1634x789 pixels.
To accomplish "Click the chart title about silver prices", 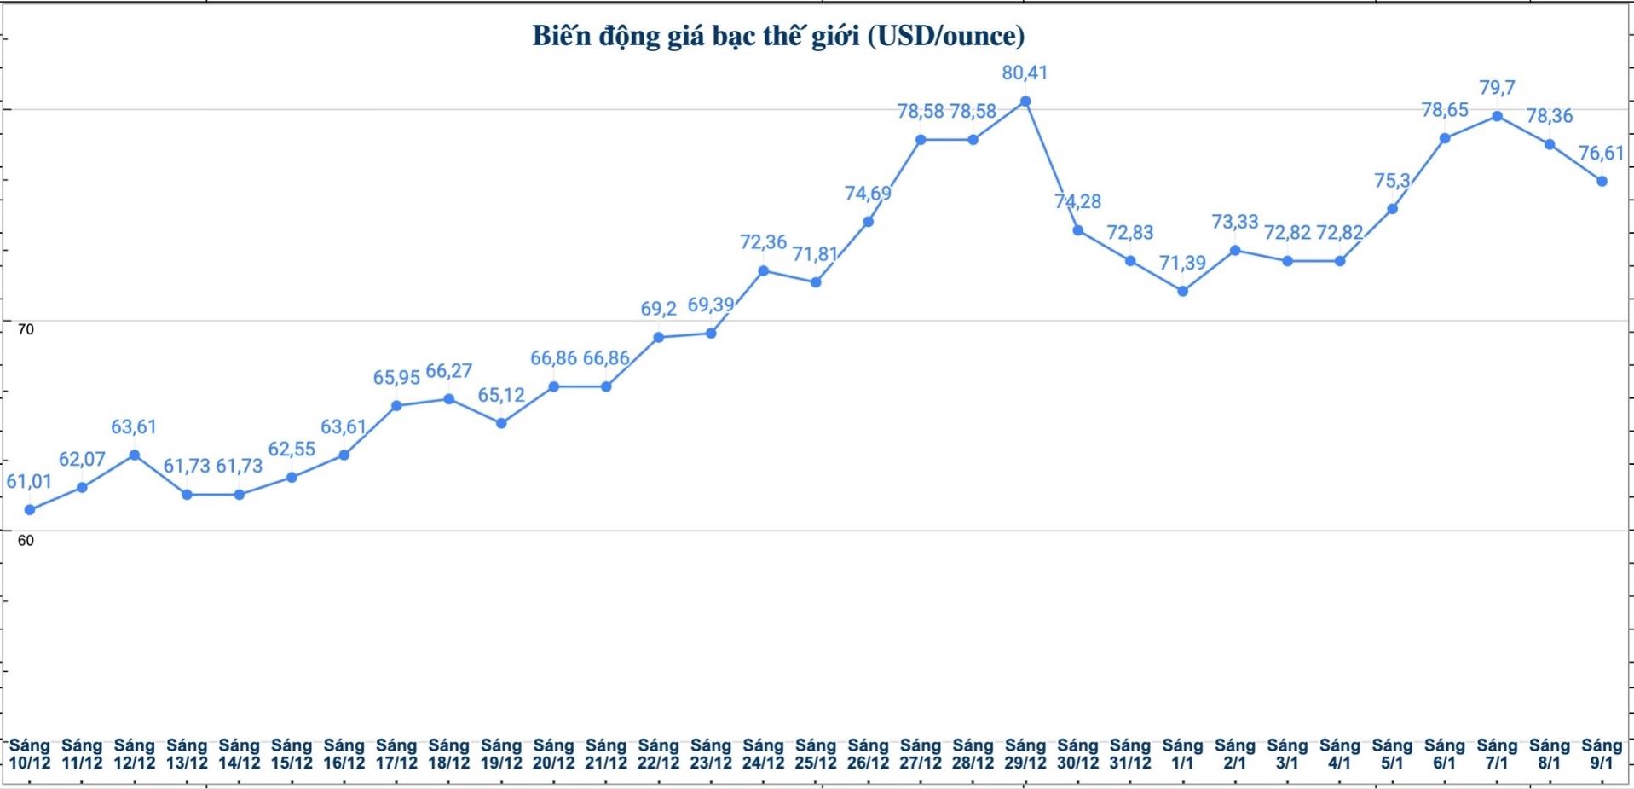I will point(778,36).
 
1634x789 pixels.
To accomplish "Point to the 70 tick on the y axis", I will point(26,329).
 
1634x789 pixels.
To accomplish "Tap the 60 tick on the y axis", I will point(26,541).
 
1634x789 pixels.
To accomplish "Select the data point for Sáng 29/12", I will point(1025,102).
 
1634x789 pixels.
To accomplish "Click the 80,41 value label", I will point(1025,73).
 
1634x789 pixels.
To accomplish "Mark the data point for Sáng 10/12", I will point(30,510).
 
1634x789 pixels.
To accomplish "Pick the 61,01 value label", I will point(29,482).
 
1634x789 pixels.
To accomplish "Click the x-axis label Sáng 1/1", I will point(1182,754).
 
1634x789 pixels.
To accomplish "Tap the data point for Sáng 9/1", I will point(1602,182).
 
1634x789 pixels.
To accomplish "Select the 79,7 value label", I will point(1497,88).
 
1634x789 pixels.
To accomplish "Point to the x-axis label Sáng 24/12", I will point(763,754).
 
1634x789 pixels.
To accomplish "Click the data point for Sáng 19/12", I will point(501,423).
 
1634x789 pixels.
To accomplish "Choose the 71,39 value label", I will point(1182,264).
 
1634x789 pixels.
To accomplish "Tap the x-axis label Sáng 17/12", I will point(396,754).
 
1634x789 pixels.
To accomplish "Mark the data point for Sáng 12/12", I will point(135,455).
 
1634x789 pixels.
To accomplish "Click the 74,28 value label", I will point(1077,202).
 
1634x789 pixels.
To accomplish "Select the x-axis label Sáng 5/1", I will point(1392,754).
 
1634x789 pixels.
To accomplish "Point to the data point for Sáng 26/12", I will point(869,222).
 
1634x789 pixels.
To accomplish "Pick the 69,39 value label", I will point(711,305).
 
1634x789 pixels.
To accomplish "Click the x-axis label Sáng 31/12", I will point(1130,754).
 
